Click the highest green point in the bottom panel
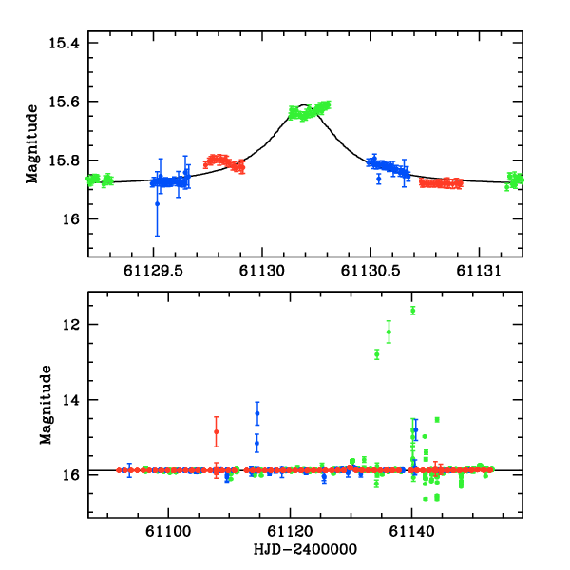(413, 310)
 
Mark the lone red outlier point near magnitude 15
(217, 431)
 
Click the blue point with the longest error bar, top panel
(158, 203)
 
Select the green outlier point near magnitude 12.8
(377, 354)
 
